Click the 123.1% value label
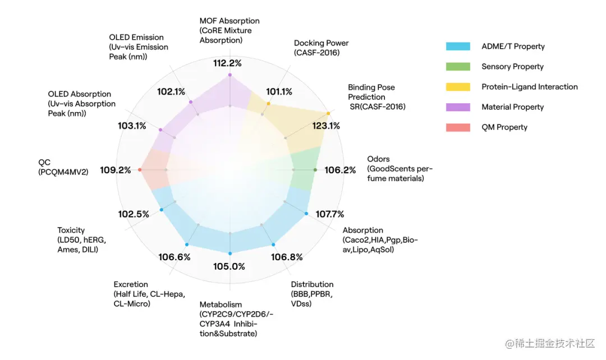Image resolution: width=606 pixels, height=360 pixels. click(326, 126)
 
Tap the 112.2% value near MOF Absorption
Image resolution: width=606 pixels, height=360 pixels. click(227, 63)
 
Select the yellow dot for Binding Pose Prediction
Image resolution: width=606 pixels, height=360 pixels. click(328, 113)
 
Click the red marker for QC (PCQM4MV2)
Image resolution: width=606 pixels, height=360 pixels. click(140, 169)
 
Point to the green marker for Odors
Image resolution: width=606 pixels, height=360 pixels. click(315, 169)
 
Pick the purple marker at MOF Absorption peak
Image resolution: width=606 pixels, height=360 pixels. click(229, 75)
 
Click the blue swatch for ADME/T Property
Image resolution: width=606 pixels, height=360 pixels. click(458, 47)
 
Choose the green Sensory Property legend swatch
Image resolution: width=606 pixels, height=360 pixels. click(458, 67)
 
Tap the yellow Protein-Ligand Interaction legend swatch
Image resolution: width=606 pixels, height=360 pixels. click(458, 87)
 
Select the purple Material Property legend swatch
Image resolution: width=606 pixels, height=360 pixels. click(458, 107)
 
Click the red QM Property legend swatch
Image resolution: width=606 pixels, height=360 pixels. click(458, 127)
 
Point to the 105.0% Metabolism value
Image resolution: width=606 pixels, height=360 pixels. click(229, 266)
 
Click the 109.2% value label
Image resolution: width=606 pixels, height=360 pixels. click(116, 170)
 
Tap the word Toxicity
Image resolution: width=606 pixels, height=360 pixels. click(71, 230)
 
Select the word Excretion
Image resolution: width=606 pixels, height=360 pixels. click(131, 284)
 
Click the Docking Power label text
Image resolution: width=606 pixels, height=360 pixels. click(321, 43)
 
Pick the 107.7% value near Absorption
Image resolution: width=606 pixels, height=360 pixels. click(330, 214)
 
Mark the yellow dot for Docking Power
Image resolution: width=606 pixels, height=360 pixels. click(269, 104)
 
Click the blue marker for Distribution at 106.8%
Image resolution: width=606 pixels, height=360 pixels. click(273, 244)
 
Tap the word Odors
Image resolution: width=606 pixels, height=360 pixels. click(378, 159)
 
